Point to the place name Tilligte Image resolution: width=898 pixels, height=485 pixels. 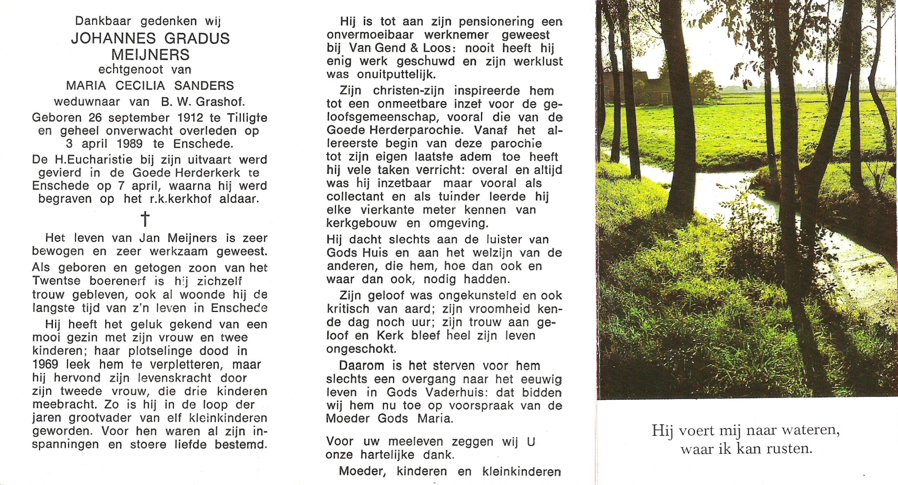(247, 118)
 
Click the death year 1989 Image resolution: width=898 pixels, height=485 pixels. (129, 144)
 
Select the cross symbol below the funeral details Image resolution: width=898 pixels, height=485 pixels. (145, 219)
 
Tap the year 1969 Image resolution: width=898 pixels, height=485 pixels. (45, 365)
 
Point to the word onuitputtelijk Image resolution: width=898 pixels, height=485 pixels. (396, 75)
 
